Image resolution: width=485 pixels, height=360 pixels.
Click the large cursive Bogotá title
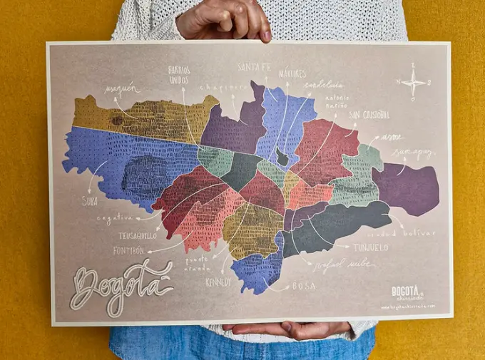coord(121,285)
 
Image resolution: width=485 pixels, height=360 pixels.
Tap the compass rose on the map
coord(414,82)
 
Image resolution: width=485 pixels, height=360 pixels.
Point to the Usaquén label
coord(120,90)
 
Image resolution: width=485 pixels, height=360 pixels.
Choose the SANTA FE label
coord(254,68)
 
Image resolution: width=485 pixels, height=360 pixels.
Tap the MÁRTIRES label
coord(292,73)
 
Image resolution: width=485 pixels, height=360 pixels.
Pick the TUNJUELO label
coord(370,247)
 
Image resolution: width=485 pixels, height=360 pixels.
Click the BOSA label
coord(304,286)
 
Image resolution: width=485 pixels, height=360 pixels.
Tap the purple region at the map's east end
coord(407,189)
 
